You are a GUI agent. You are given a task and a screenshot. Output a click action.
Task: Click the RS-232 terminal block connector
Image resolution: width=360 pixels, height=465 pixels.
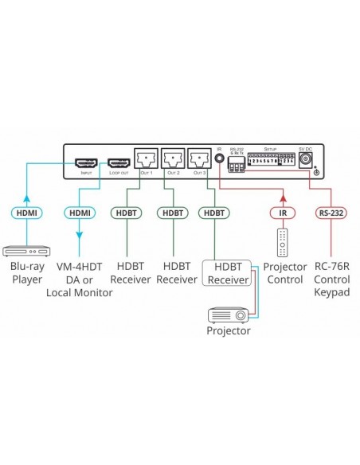pyautogui.click(x=236, y=165)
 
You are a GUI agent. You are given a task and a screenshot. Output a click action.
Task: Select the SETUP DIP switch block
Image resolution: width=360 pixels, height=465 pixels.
pyautogui.click(x=271, y=162)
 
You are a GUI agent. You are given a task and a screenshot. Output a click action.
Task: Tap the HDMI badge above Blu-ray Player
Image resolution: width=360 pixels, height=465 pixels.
pyautogui.click(x=26, y=213)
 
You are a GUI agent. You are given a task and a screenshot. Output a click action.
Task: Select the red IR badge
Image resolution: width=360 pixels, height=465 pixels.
pyautogui.click(x=280, y=213)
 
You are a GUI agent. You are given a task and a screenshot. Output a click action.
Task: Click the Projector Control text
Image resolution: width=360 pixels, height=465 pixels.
pyautogui.click(x=285, y=272)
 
